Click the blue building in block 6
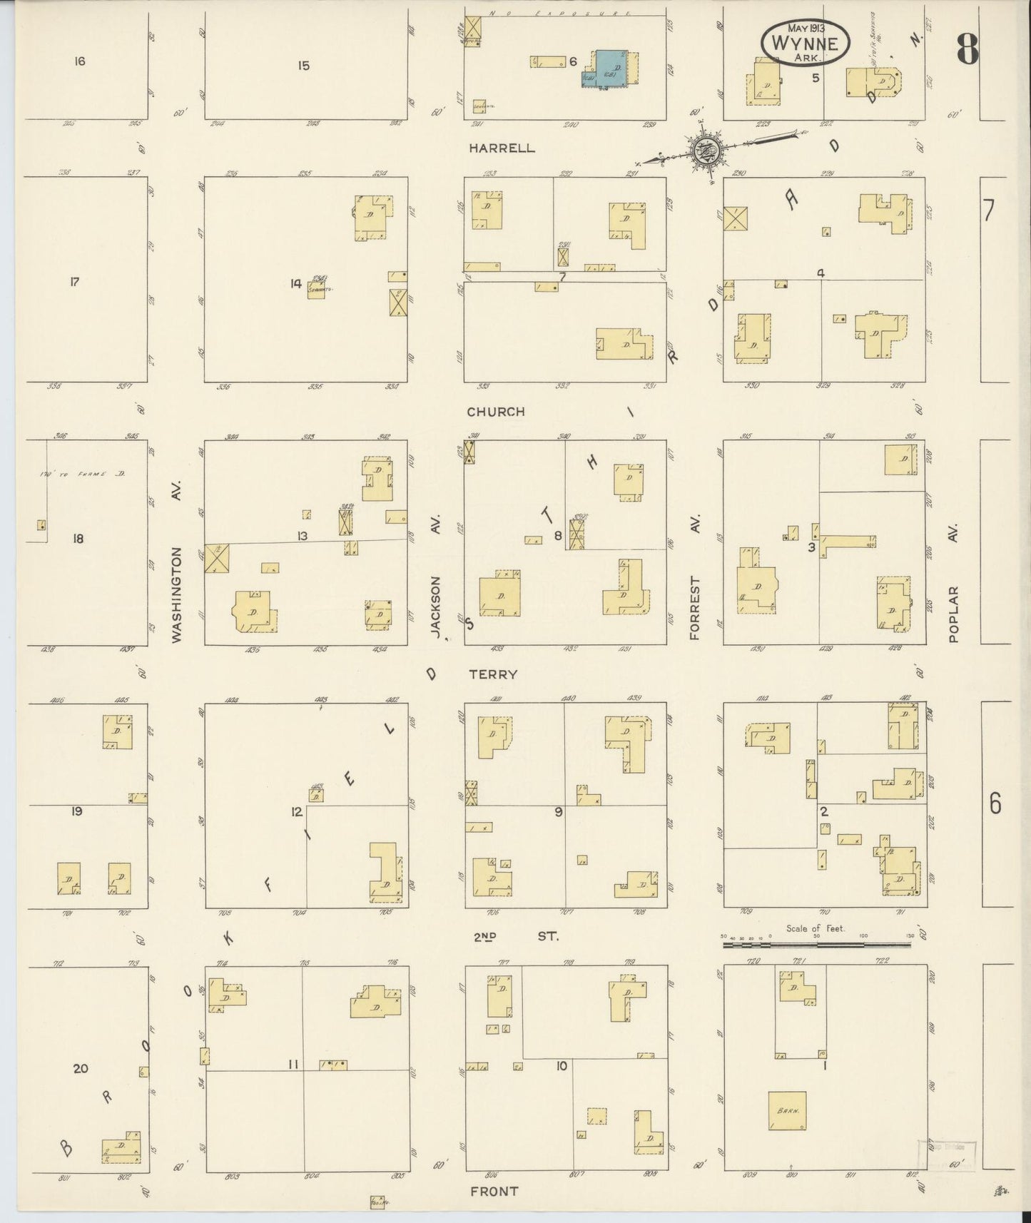pos(611,68)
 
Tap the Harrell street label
pos(502,148)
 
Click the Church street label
pos(496,412)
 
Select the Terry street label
pos(493,674)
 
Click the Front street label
pos(494,1191)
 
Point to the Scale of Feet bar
pos(816,944)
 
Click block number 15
pos(304,66)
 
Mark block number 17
pos(74,282)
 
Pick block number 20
pos(81,1068)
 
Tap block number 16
pos(79,61)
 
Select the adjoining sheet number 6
pos(995,804)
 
